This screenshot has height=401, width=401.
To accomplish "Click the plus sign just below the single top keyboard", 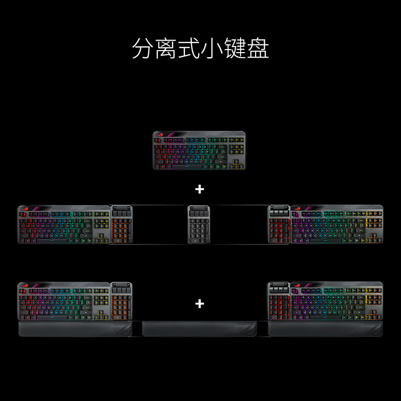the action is pos(200,189).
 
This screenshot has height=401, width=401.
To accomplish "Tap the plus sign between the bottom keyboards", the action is pos(200,303).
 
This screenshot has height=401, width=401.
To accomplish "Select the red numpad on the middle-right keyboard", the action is pos(278,230).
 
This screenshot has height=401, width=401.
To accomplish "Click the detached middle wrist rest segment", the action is pos(199,329).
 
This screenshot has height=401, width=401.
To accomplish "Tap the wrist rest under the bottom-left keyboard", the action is pos(75,329).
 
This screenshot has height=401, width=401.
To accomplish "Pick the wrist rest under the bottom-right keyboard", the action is pos(326,329).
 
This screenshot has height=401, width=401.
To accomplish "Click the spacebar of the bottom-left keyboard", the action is pos(55,317).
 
